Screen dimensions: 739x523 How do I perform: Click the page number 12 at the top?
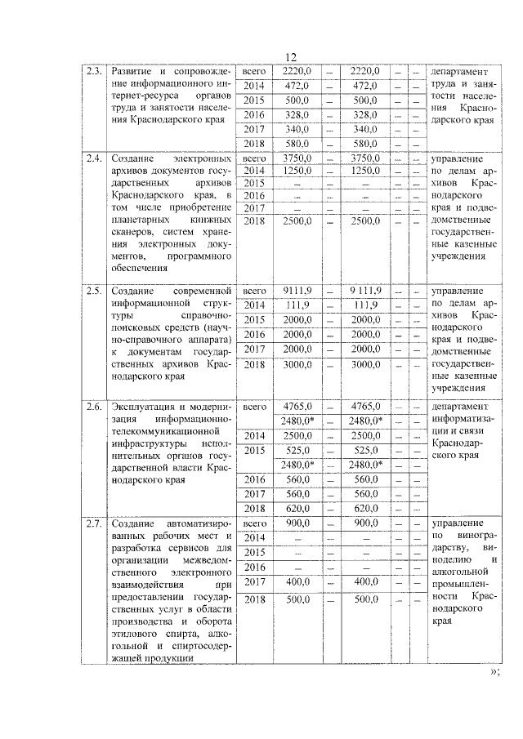pyautogui.click(x=291, y=56)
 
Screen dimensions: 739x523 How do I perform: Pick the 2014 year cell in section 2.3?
pyautogui.click(x=255, y=86)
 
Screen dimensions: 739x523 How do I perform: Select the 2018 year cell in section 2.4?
pyautogui.click(x=255, y=221)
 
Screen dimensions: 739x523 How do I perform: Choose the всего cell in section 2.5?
pyautogui.click(x=255, y=290)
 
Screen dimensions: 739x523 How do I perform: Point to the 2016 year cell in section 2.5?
pyautogui.click(x=255, y=334)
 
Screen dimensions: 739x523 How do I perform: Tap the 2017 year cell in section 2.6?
pyautogui.click(x=255, y=493)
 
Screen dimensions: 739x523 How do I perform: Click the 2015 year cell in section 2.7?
pyautogui.click(x=255, y=552)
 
